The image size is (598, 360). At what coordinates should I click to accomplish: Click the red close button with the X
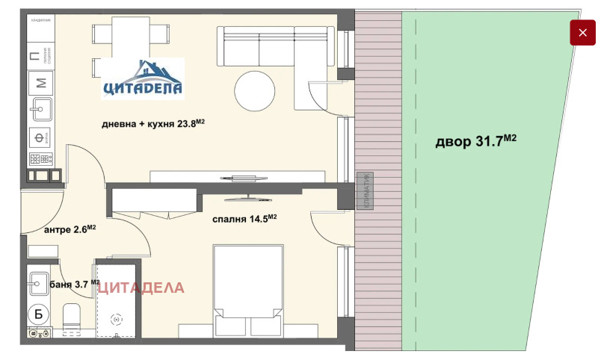[583, 33]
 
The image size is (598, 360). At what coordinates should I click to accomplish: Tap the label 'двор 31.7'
[476, 141]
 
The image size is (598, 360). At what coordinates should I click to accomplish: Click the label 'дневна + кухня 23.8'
[153, 125]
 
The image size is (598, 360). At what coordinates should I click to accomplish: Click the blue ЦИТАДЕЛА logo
[143, 78]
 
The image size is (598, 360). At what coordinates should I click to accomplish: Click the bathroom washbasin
[40, 283]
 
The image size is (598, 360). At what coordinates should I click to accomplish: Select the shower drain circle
[116, 319]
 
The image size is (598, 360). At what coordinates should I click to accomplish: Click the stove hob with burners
[40, 159]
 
